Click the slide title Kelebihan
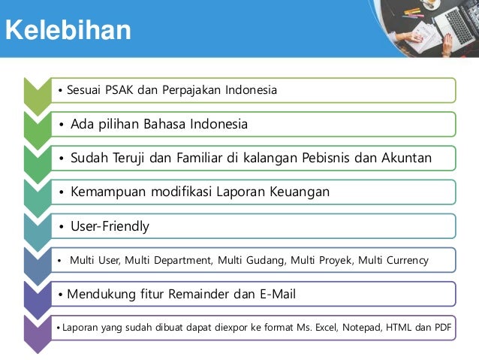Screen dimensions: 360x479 pos(68,31)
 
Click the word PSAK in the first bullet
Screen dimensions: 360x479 pos(116,90)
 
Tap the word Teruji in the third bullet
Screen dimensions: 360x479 pos(135,158)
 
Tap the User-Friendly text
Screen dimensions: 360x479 pos(110,226)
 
